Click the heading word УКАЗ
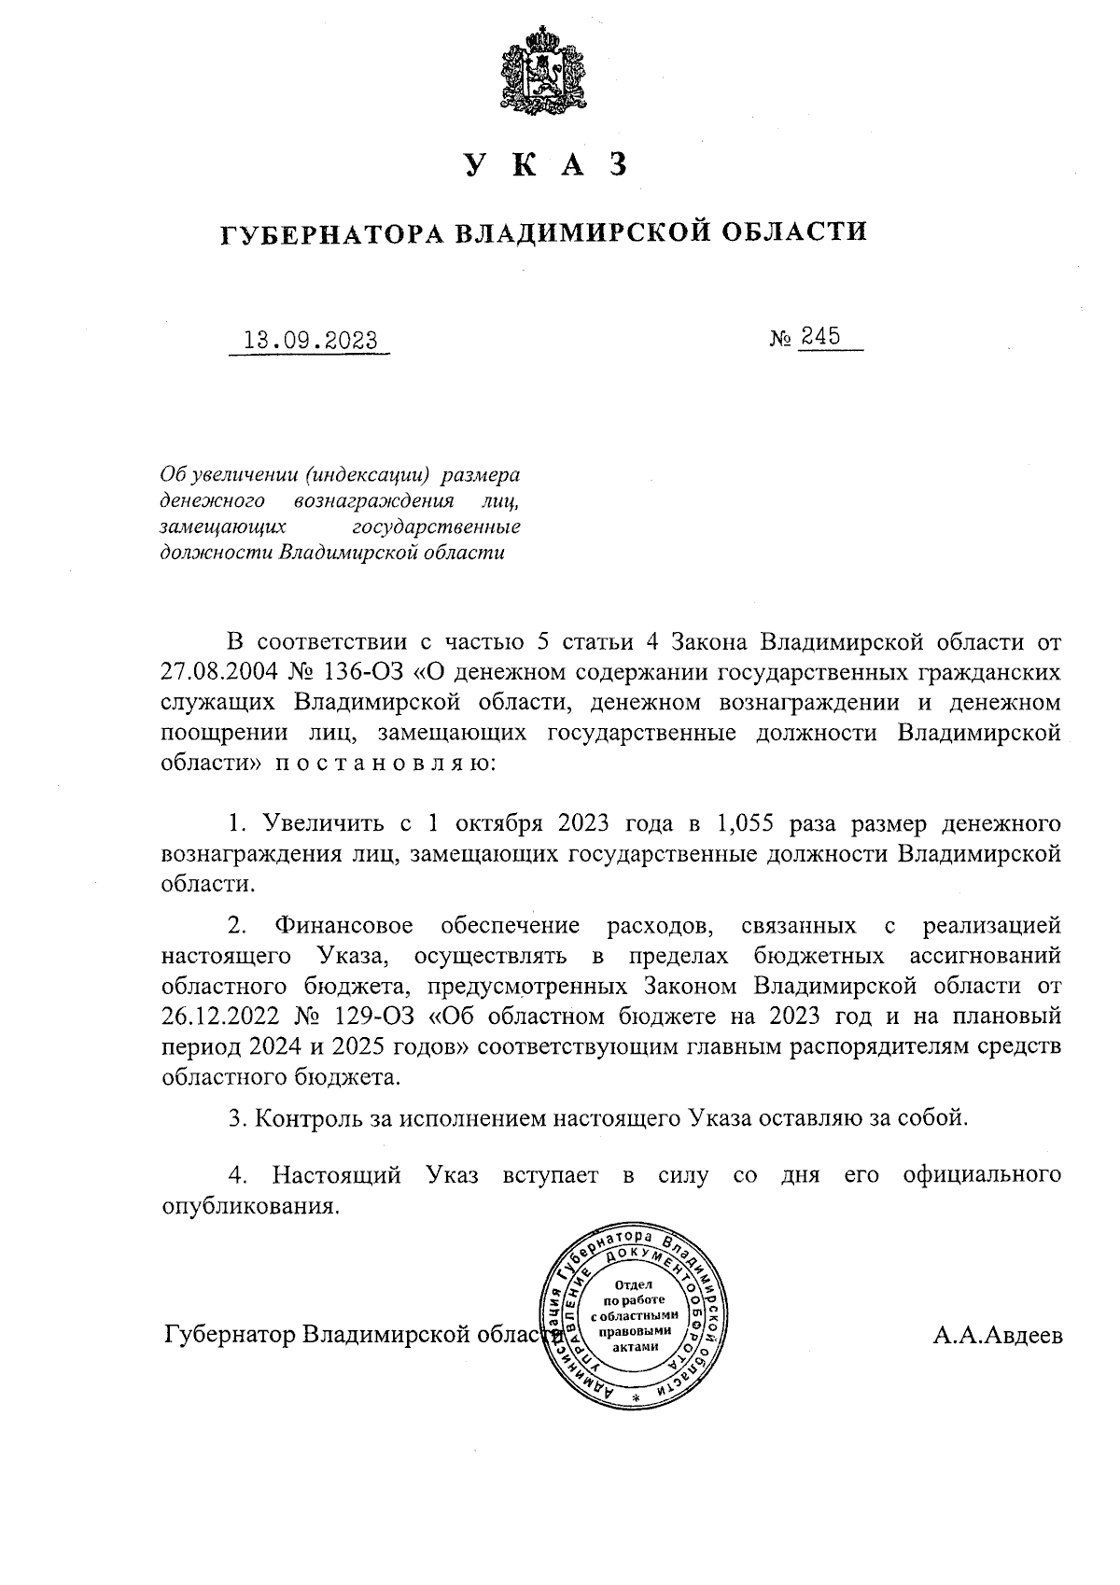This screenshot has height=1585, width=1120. [x=543, y=164]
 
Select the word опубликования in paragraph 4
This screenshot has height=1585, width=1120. [x=248, y=1206]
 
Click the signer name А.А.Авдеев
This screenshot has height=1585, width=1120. [x=997, y=1335]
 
